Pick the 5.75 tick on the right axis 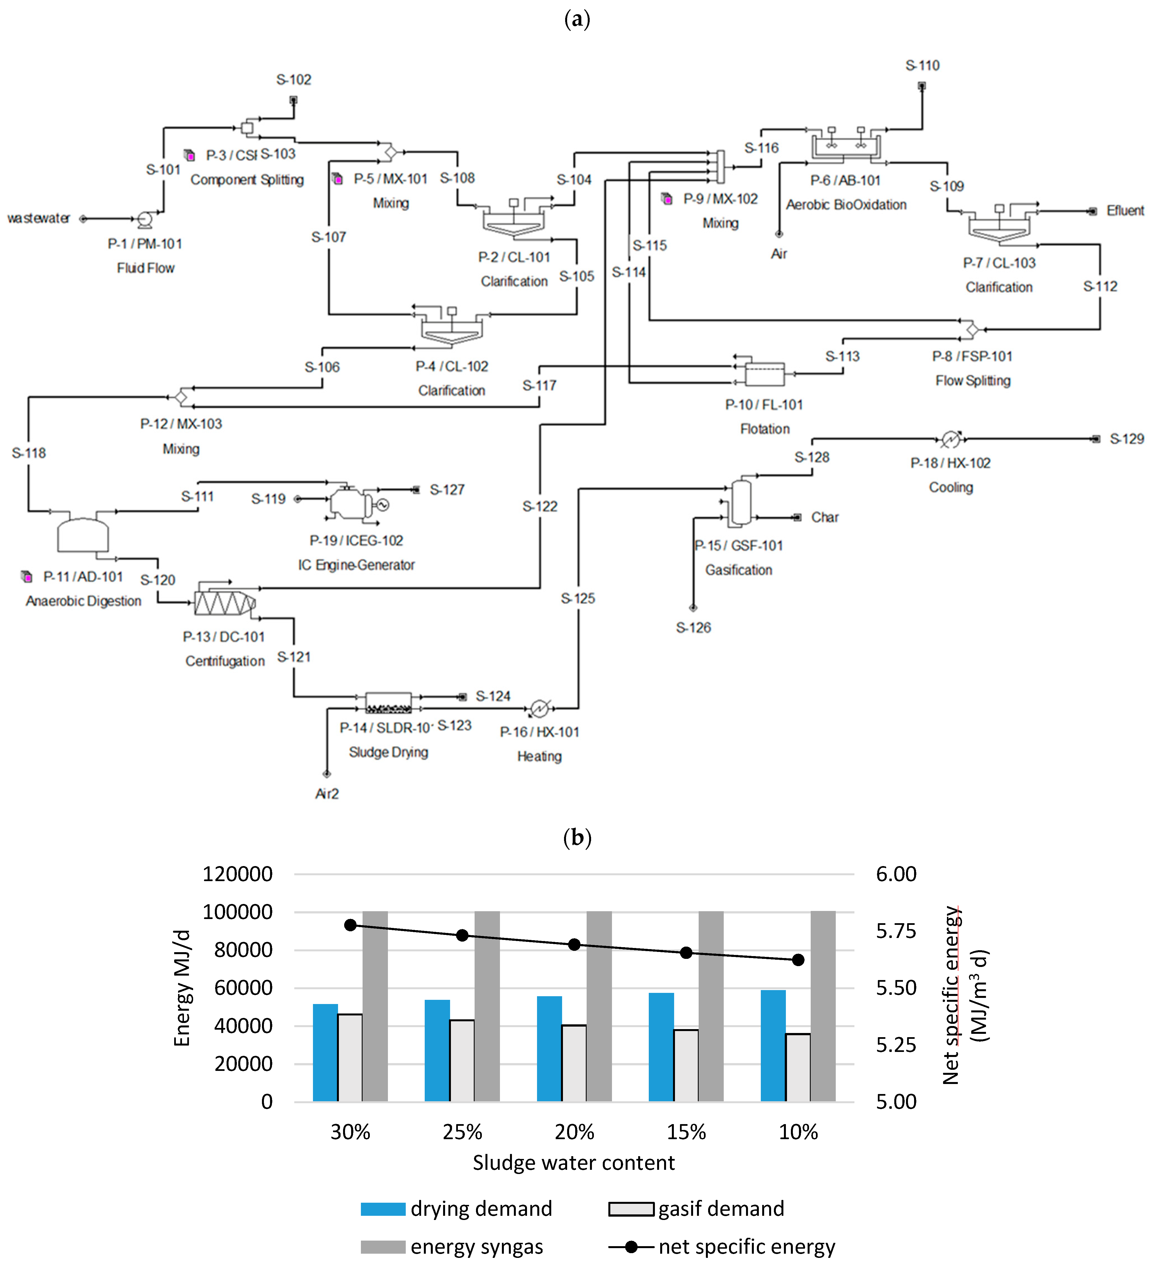click(896, 931)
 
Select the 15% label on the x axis click(686, 1132)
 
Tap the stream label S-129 click(1126, 439)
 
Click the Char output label click(825, 517)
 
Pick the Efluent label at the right click(1125, 211)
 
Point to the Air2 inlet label click(327, 794)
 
